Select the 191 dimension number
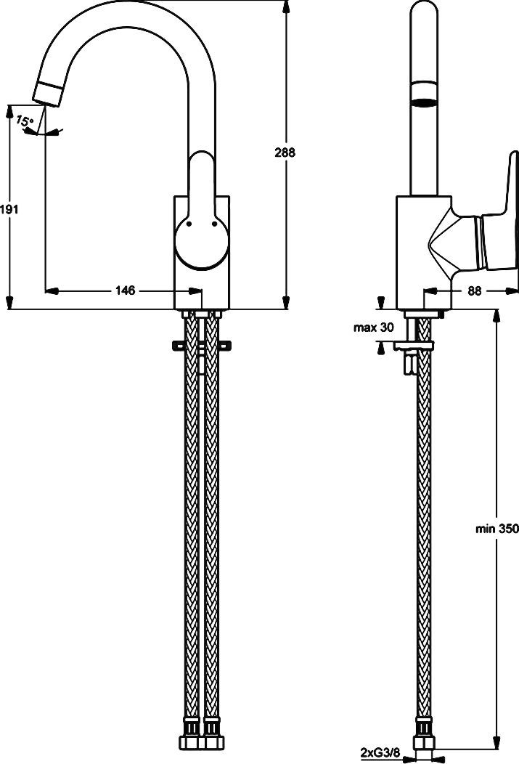pyautogui.click(x=9, y=209)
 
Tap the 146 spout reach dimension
pyautogui.click(x=126, y=290)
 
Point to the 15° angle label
pyautogui.click(x=24, y=121)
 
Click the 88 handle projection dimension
pyautogui.click(x=475, y=290)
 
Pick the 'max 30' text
pyautogui.click(x=373, y=328)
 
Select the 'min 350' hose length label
pyautogui.click(x=497, y=529)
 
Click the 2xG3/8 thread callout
pyautogui.click(x=380, y=752)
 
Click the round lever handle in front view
pyautogui.click(x=201, y=243)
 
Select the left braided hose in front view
pyautogui.click(x=191, y=523)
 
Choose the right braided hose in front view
pyautogui.click(x=212, y=523)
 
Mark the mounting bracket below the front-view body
pyautogui.click(x=201, y=346)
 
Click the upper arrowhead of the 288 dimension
pyautogui.click(x=285, y=6)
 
